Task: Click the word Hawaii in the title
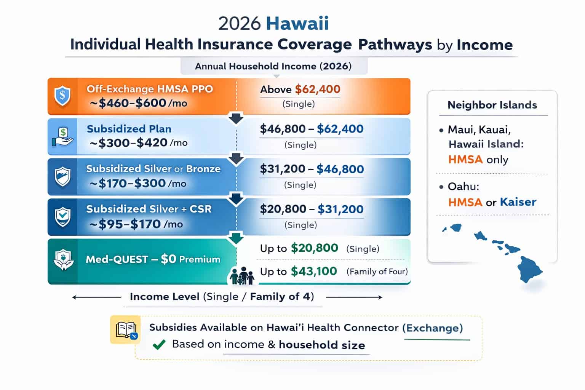(297, 24)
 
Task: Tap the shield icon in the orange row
(62, 96)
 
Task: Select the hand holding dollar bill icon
(62, 137)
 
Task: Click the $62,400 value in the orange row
(318, 90)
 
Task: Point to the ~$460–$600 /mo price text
(139, 103)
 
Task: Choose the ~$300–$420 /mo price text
(139, 143)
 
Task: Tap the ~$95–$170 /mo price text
(136, 224)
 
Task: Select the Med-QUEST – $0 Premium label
(153, 259)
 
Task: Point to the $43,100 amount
(314, 271)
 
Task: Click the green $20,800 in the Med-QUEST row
(314, 248)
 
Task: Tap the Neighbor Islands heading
(492, 105)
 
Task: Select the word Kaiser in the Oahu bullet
(518, 202)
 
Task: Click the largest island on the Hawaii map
(529, 269)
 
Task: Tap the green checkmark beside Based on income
(159, 345)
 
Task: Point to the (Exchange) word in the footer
(433, 328)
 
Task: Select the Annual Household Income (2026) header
(273, 66)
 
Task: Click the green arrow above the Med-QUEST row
(236, 238)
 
